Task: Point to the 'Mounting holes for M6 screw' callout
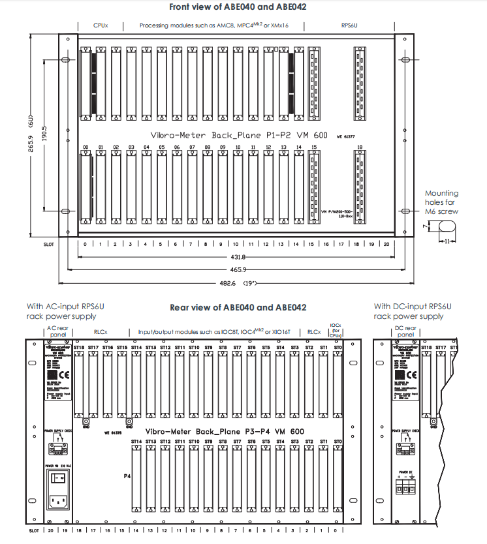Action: tap(442, 202)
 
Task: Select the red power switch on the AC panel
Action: tap(57, 478)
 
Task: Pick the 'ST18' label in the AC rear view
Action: tap(79, 348)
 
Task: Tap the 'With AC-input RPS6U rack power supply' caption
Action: tap(62, 311)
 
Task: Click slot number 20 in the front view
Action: tap(386, 245)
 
